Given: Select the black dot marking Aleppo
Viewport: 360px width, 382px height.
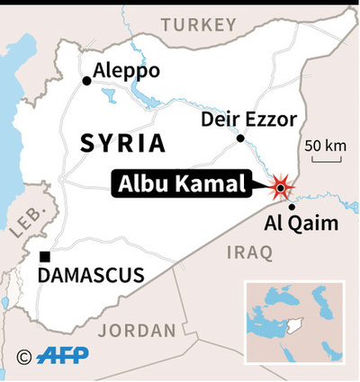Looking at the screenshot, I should tap(86, 81).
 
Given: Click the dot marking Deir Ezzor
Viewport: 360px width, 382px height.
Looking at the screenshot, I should tap(240, 138).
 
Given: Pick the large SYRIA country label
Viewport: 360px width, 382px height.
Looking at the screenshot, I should tap(122, 143).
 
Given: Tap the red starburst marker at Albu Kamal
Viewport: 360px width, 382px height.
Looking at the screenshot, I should tap(281, 187).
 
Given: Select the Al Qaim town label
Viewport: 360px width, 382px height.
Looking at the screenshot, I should tap(301, 224).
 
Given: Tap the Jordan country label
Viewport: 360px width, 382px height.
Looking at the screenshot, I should tap(137, 331).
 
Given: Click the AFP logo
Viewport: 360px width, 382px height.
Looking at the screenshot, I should tap(62, 356).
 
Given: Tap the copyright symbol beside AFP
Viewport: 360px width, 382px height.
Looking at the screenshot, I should tap(25, 356).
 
